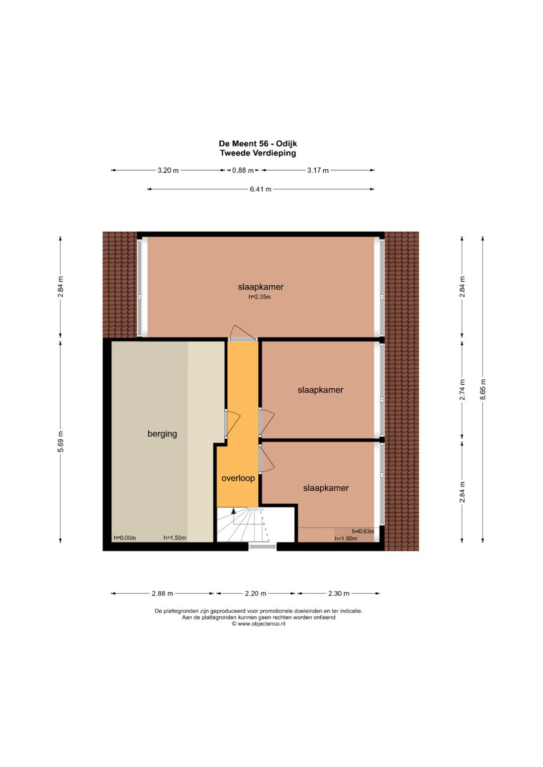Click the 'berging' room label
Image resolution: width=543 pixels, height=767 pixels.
162,434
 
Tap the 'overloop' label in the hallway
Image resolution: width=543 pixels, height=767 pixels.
238,478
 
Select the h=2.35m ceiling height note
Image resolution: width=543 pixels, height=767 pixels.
259,297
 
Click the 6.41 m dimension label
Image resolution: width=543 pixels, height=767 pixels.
260,189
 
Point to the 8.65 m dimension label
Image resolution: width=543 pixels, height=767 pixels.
483,389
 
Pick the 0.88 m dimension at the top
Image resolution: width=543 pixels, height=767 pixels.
243,170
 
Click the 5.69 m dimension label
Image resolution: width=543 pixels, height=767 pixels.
60,442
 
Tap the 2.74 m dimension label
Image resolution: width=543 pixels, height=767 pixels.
462,389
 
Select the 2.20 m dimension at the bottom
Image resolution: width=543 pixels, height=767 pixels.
255,593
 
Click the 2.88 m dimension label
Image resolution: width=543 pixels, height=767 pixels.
162,593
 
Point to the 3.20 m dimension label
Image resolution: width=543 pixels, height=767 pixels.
168,170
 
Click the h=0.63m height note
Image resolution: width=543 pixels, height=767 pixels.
363,531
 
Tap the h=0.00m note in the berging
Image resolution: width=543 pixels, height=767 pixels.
125,538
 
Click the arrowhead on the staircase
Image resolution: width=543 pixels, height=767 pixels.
233,511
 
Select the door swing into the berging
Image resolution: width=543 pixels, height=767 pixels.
233,423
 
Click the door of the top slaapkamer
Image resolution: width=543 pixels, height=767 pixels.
243,332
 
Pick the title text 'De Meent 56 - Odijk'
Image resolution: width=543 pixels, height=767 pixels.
258,144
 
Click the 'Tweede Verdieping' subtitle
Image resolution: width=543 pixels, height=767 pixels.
258,153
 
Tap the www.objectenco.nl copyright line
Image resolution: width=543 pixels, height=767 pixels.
258,623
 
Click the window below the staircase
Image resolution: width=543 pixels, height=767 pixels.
262,546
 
